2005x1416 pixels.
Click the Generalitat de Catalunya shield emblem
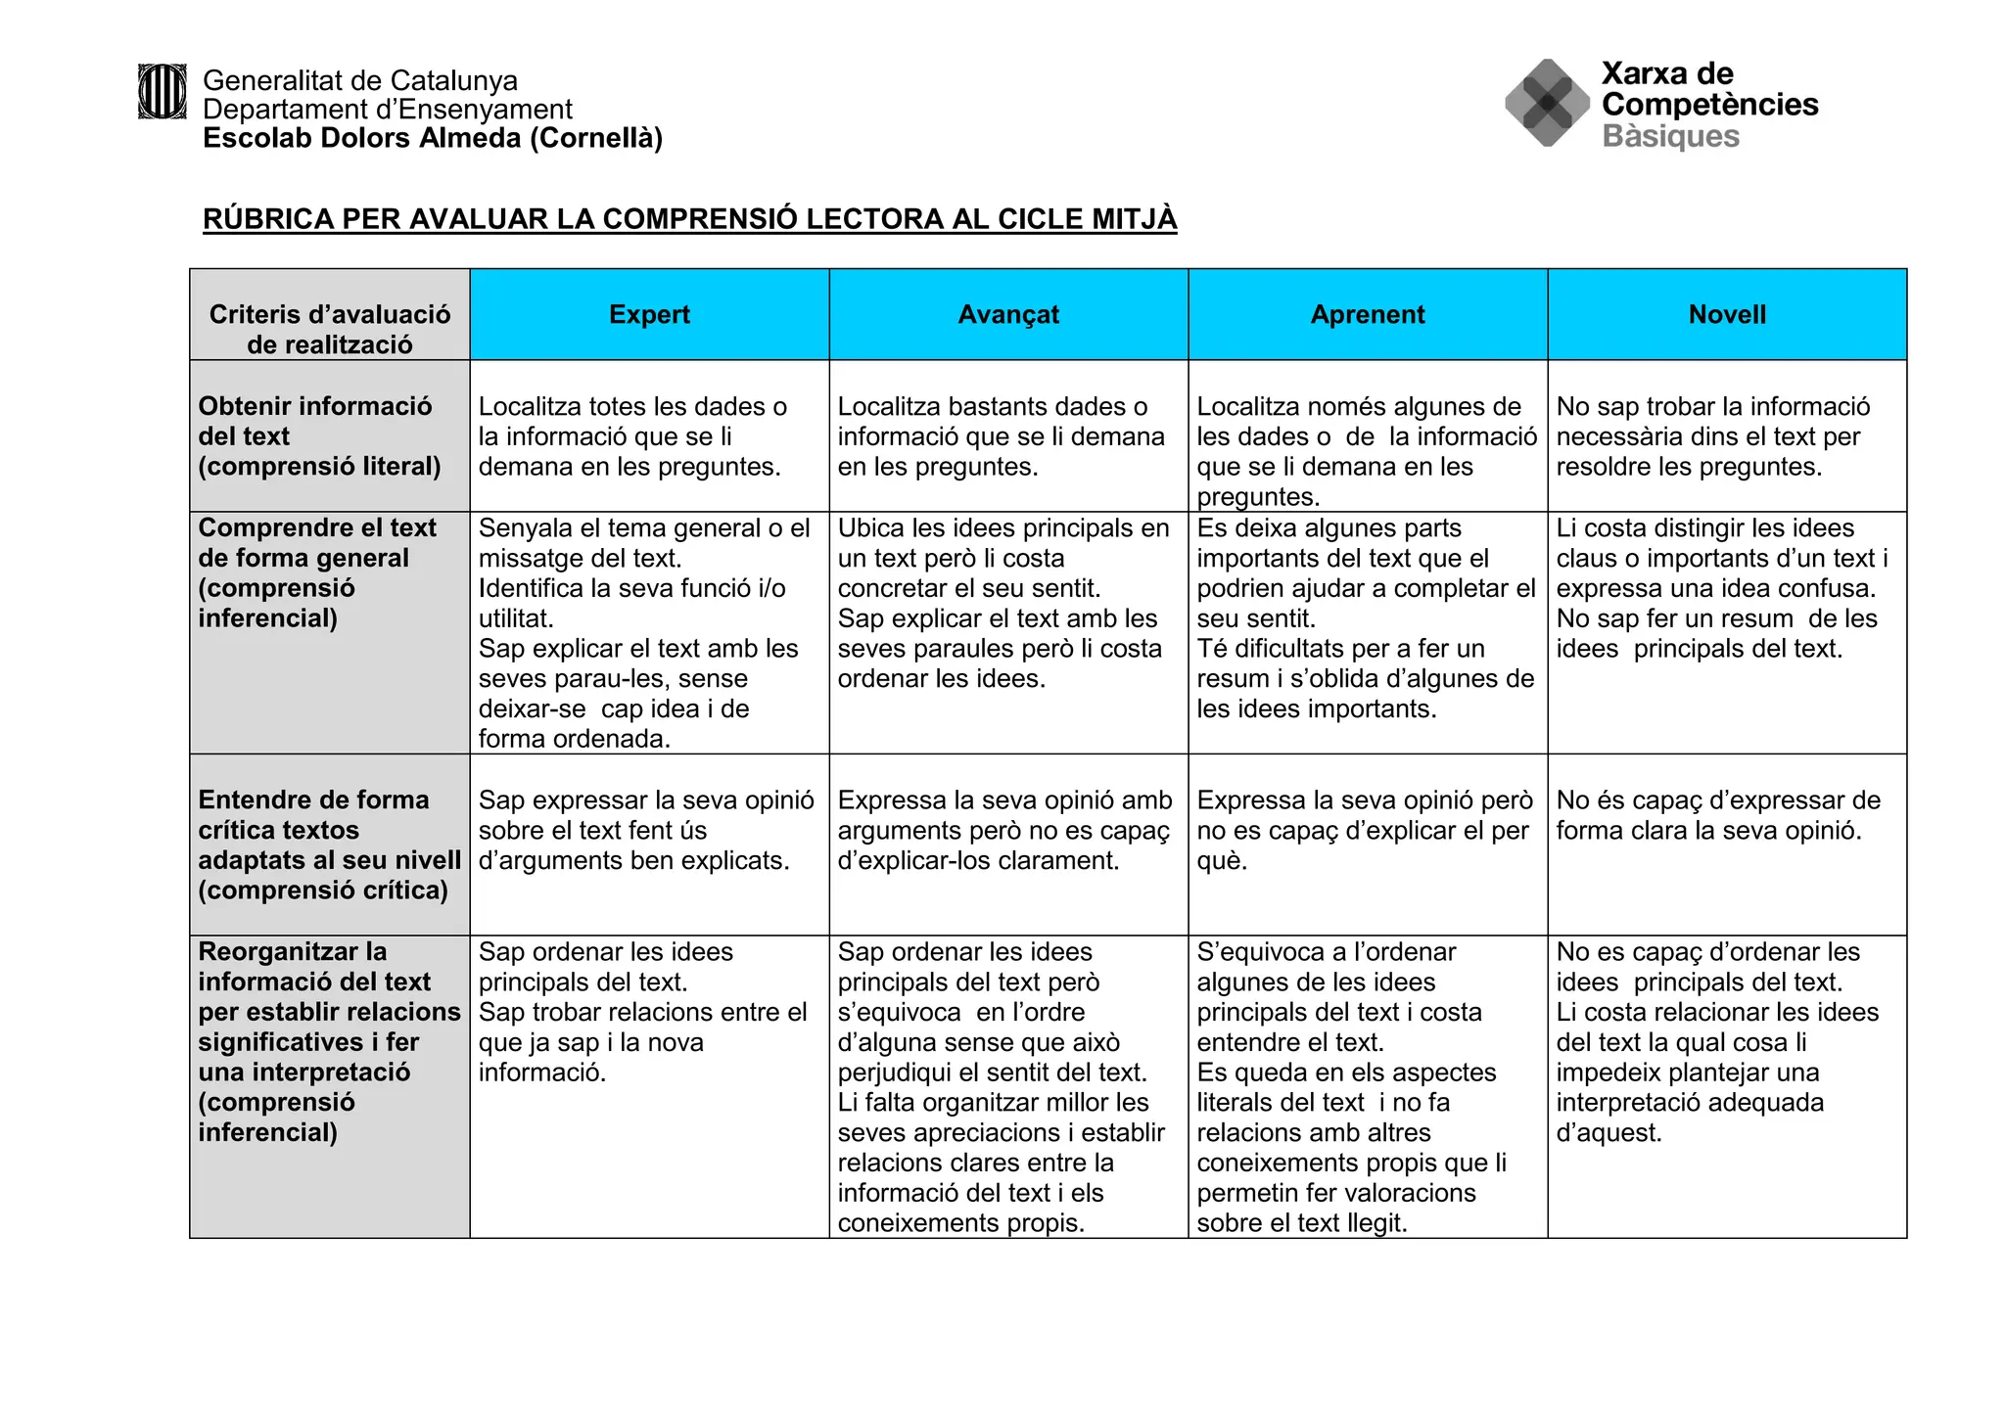162,92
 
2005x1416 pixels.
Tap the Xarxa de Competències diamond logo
1547,103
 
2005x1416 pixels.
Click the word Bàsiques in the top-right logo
1670,136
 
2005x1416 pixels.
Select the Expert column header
649,314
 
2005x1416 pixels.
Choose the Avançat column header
1008,314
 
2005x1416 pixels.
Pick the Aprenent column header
1368,314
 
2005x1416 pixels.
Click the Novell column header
1727,314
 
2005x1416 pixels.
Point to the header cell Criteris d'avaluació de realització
330,329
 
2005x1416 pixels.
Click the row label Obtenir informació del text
319,435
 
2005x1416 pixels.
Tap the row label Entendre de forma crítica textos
329,845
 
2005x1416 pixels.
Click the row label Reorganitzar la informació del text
329,1041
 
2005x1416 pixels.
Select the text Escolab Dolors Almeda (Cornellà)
433,138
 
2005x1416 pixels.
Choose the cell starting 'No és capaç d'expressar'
1718,815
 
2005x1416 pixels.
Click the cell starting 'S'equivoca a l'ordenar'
1351,1086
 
